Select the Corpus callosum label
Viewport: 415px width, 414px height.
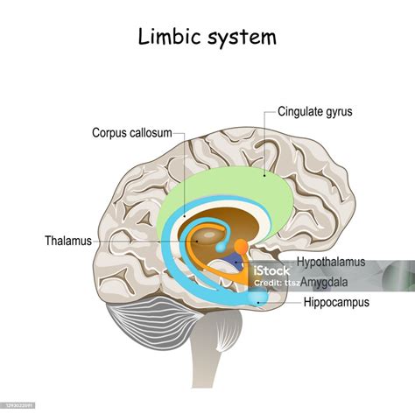pyautogui.click(x=132, y=133)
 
